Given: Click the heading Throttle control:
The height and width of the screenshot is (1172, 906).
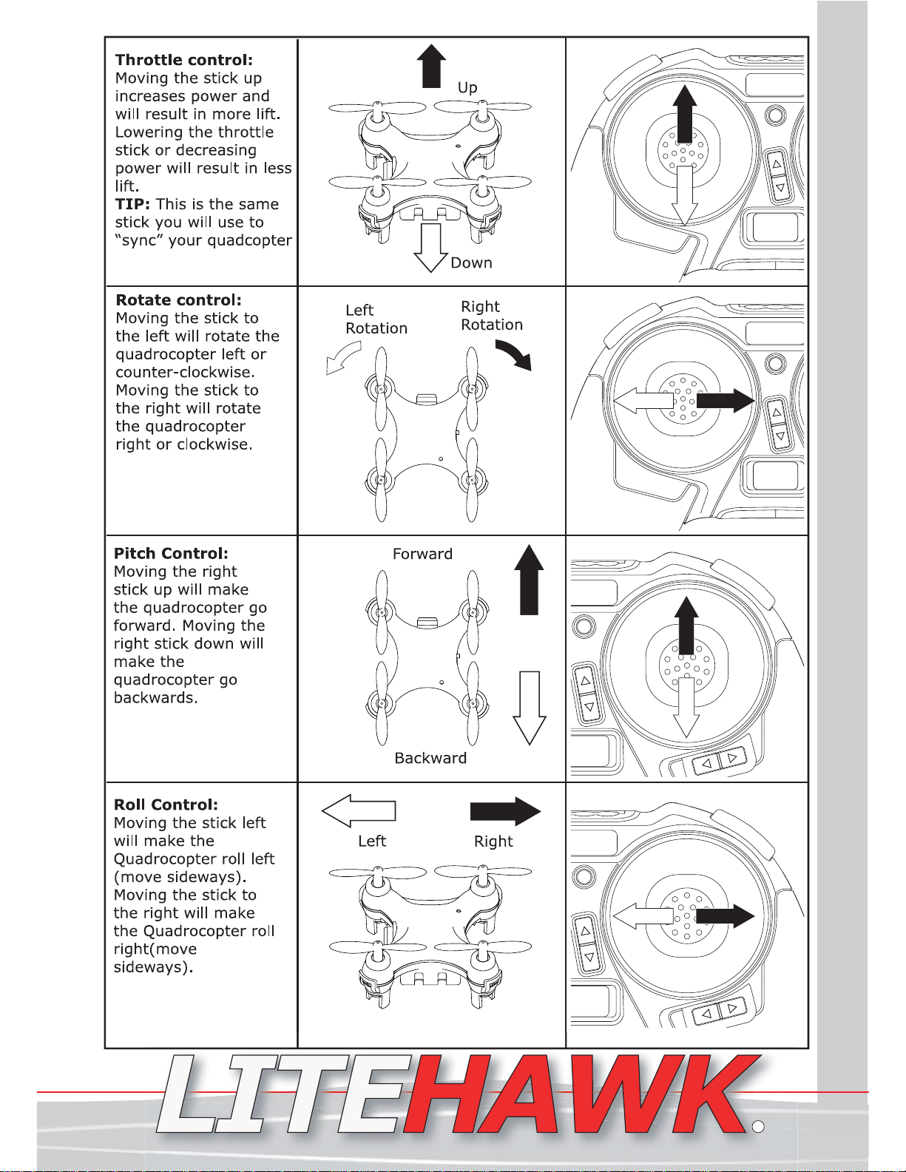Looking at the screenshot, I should click(183, 60).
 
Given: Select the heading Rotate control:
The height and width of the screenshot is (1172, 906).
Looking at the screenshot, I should click(178, 300).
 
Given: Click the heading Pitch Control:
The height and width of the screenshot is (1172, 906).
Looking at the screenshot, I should click(171, 554).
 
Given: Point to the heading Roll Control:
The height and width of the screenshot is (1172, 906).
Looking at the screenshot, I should click(166, 805).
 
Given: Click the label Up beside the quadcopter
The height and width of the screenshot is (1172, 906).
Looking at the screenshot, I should click(467, 88).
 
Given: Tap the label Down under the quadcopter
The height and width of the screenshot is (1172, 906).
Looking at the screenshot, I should click(471, 263).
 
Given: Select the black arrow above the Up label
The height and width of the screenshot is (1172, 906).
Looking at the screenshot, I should click(431, 65).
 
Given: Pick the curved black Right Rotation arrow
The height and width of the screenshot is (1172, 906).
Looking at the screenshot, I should click(514, 354).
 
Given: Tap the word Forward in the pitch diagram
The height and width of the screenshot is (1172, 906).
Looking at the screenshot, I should click(422, 555).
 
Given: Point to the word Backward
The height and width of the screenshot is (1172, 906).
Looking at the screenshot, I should click(430, 759).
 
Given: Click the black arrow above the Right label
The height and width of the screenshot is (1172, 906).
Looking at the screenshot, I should click(505, 811).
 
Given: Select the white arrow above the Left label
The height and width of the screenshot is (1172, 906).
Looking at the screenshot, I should click(359, 811).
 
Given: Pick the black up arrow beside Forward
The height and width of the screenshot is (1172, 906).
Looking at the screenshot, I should click(529, 580).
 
